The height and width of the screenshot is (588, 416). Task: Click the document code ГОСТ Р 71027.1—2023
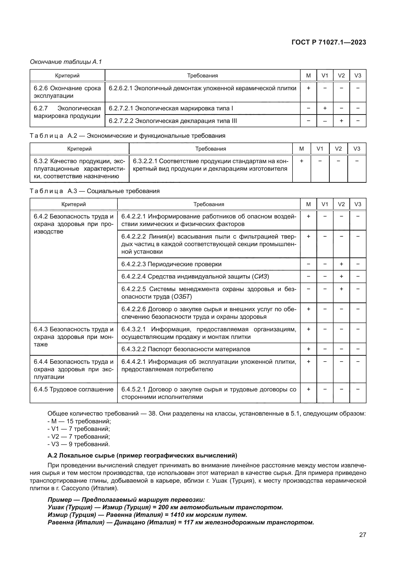click(x=329, y=42)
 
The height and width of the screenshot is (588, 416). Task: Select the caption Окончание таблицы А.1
click(x=66, y=62)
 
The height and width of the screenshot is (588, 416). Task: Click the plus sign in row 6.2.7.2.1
click(x=325, y=108)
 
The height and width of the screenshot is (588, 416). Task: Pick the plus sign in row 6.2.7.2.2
click(x=341, y=121)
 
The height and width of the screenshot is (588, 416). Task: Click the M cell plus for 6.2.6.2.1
click(x=308, y=88)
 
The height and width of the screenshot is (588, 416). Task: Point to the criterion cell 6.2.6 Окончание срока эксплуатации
click(x=67, y=92)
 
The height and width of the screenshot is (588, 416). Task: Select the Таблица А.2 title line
click(x=128, y=136)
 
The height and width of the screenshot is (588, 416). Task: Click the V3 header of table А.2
click(x=357, y=149)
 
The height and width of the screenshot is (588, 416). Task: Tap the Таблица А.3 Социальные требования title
click(x=95, y=191)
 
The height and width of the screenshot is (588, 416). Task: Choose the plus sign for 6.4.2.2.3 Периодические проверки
click(x=341, y=264)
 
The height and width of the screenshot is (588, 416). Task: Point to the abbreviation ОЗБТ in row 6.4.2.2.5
click(x=182, y=297)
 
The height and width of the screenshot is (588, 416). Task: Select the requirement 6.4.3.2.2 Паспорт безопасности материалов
click(x=186, y=349)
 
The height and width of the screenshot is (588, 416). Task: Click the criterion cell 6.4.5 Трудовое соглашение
click(x=73, y=389)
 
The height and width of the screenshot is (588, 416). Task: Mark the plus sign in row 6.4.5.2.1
click(x=308, y=389)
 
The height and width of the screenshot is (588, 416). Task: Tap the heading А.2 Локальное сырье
click(x=142, y=456)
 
